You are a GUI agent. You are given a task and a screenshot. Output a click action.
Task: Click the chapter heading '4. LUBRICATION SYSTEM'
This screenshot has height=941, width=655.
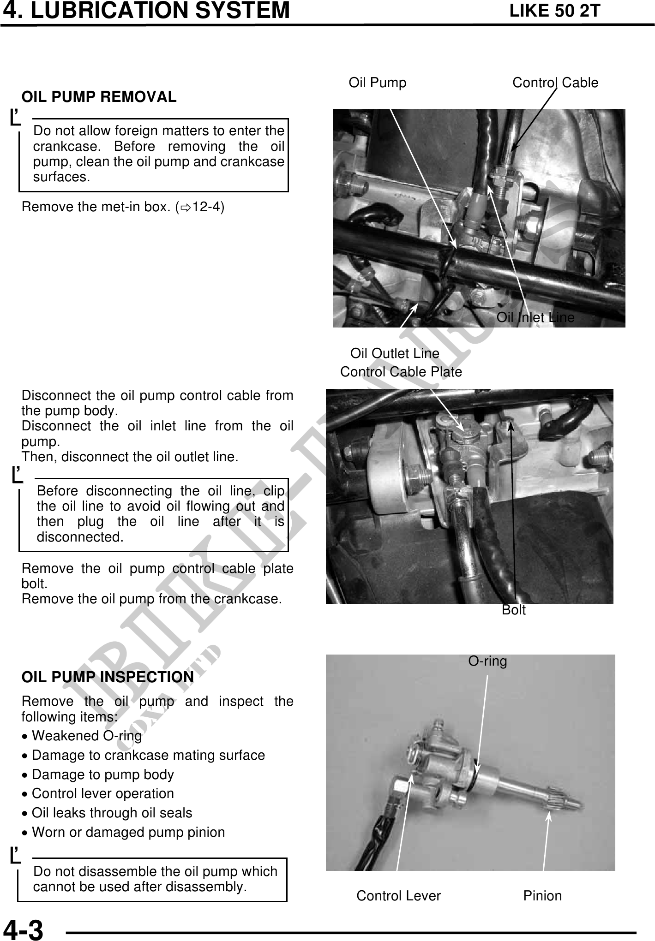click(146, 11)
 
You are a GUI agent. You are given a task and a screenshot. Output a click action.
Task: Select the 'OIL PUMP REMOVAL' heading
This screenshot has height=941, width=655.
click(99, 97)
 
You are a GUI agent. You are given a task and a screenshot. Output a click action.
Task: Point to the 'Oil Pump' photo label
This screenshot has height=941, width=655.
click(377, 83)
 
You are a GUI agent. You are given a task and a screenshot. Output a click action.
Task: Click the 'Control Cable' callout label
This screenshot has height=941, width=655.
click(555, 83)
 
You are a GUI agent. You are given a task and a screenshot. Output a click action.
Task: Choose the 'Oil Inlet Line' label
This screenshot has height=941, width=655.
click(535, 317)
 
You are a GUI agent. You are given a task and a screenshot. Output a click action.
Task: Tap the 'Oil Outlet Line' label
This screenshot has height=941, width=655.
click(395, 353)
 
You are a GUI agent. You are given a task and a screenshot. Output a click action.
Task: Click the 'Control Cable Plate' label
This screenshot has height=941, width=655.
click(401, 372)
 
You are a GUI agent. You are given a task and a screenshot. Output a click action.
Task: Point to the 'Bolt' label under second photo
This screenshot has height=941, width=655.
click(513, 610)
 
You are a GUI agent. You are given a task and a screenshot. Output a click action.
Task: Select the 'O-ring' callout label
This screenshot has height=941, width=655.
click(487, 661)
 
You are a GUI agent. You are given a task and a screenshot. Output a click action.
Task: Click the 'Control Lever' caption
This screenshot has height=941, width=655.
click(398, 896)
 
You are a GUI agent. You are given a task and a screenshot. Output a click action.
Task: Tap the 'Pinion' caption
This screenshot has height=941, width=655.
click(542, 896)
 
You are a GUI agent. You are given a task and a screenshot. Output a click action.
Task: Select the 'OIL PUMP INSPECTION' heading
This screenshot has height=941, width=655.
click(108, 677)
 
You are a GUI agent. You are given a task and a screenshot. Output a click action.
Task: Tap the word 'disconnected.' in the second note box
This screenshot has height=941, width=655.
click(80, 537)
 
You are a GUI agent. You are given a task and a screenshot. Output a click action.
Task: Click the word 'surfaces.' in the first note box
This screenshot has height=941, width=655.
click(61, 177)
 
